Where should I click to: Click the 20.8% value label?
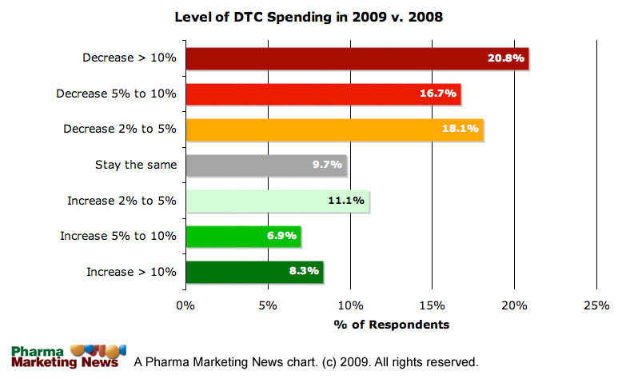click(506, 58)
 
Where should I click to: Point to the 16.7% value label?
click(437, 94)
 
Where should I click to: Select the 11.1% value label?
click(346, 201)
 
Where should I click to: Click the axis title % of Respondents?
click(391, 325)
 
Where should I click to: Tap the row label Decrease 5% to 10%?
click(116, 94)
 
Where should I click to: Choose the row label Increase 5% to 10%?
click(118, 236)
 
